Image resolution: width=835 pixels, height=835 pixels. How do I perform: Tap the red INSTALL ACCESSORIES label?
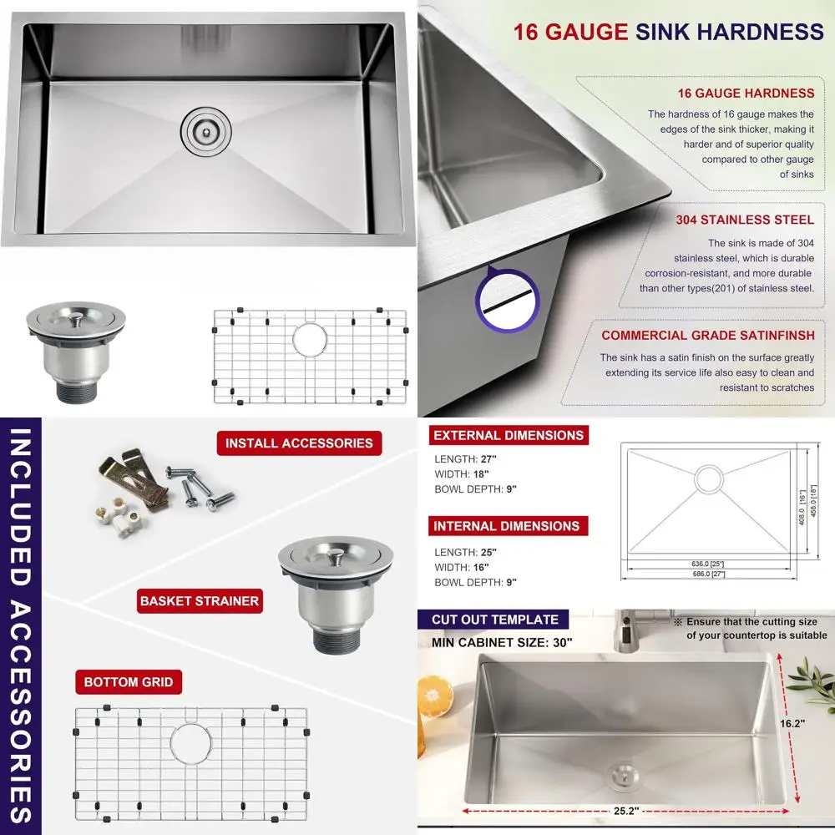pyautogui.click(x=300, y=443)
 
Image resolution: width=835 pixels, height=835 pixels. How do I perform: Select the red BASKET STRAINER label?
pyautogui.click(x=200, y=600)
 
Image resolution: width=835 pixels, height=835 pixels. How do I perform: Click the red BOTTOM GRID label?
pyautogui.click(x=129, y=682)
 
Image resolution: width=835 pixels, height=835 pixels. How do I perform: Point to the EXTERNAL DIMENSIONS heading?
pyautogui.click(x=509, y=435)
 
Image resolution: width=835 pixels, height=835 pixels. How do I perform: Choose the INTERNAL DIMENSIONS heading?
pyautogui.click(x=506, y=526)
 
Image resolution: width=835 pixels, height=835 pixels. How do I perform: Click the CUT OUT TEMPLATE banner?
pyautogui.click(x=495, y=620)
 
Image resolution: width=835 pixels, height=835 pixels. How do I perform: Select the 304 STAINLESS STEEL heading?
pyautogui.click(x=745, y=220)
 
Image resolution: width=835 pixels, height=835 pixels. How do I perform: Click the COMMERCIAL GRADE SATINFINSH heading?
pyautogui.click(x=707, y=336)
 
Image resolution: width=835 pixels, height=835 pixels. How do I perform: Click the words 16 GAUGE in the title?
pyautogui.click(x=570, y=32)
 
